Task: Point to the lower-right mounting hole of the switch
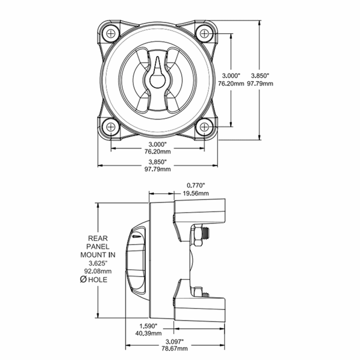(x=202, y=126)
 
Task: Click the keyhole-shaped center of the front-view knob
(x=156, y=78)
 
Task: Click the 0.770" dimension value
(x=196, y=185)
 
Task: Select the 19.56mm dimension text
(x=196, y=193)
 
